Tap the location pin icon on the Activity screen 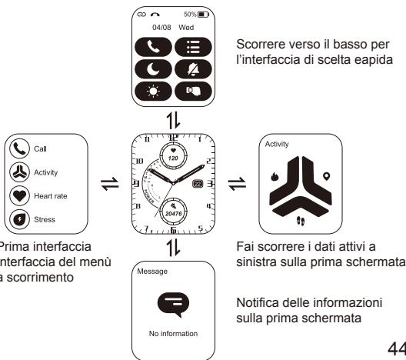(x=326, y=176)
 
